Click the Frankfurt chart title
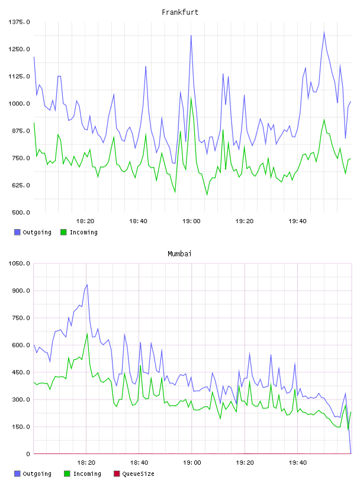pyautogui.click(x=180, y=12)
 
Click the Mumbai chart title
pyautogui.click(x=179, y=253)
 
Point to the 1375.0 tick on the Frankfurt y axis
pyautogui.click(x=19, y=22)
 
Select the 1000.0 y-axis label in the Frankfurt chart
pyautogui.click(x=19, y=104)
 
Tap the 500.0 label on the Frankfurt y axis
pyautogui.click(x=21, y=212)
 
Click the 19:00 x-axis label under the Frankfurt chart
pyautogui.click(x=191, y=221)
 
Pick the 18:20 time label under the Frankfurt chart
pyautogui.click(x=85, y=221)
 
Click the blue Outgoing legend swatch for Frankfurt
pyautogui.click(x=17, y=232)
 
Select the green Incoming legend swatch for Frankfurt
pyautogui.click(x=63, y=232)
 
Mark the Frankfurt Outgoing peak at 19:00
pyautogui.click(x=191, y=36)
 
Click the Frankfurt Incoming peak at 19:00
pyautogui.click(x=191, y=98)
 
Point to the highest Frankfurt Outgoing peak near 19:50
pyautogui.click(x=324, y=32)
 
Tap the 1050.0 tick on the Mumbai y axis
pyautogui.click(x=19, y=263)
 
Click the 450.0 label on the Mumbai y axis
pyautogui.click(x=21, y=372)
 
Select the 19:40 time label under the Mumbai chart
pyautogui.click(x=298, y=462)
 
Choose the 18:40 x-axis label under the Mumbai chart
pyautogui.click(x=139, y=462)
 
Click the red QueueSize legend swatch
pyautogui.click(x=117, y=474)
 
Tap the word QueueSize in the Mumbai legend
pyautogui.click(x=138, y=474)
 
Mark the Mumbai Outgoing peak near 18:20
pyautogui.click(x=87, y=285)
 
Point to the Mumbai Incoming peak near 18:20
pyautogui.click(x=87, y=334)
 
